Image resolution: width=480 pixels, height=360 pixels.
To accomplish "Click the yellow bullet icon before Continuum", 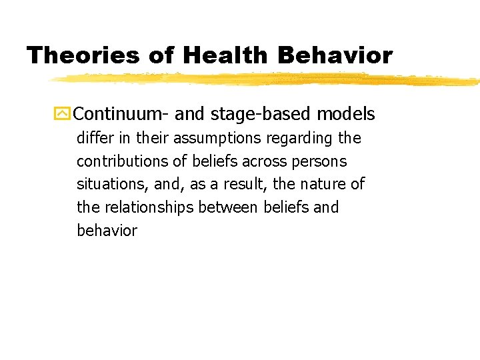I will tap(63, 114).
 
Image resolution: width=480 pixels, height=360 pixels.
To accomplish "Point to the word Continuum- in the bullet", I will tap(121, 114).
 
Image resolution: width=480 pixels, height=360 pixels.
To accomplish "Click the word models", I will tap(345, 114).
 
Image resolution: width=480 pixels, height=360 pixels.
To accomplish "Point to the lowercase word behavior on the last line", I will tap(107, 231).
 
